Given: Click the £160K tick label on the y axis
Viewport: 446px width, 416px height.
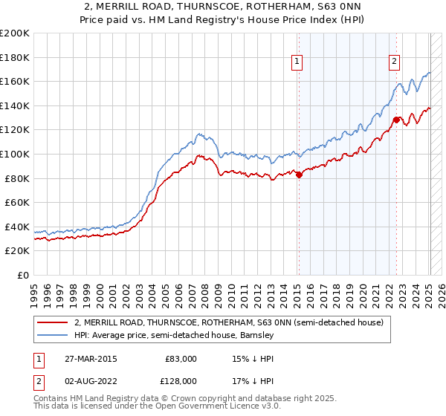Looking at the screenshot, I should tap(15, 81).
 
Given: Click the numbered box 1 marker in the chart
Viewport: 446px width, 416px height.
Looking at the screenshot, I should tap(297, 62).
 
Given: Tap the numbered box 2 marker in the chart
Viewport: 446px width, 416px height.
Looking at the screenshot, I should tap(394, 62).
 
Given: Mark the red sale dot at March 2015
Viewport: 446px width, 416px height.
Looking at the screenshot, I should tap(299, 175).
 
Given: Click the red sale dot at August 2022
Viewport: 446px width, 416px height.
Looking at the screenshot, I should tap(396, 120).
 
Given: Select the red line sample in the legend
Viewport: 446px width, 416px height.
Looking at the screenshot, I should tap(52, 323).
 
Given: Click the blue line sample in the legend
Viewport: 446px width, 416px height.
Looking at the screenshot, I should tap(52, 336).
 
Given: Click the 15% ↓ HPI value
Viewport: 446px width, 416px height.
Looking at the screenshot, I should tap(242, 359).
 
